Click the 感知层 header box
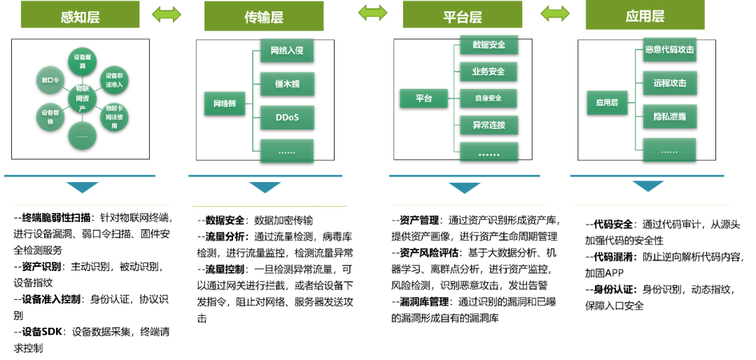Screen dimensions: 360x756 coord(80,15)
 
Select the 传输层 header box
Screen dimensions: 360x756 coord(264,16)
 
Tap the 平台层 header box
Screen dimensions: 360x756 coord(462,15)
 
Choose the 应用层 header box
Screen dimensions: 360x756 coord(645,15)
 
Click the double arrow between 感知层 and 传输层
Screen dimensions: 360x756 coord(167,15)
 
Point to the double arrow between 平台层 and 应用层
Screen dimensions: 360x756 coord(555,13)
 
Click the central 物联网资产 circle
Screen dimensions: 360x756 coord(82,99)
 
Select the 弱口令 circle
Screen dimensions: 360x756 coord(50,81)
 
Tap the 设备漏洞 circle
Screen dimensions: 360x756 coord(82,62)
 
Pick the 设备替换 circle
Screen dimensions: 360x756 coord(50,117)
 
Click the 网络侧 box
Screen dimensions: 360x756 coord(225,103)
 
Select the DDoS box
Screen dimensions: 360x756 coord(287,117)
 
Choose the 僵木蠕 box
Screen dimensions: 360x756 coord(287,84)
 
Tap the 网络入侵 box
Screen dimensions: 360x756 coord(286,50)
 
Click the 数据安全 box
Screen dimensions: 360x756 coord(489,45)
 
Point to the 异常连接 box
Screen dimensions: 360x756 coord(489,125)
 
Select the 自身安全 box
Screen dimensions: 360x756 coord(489,98)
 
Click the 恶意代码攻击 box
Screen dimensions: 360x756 coord(670,50)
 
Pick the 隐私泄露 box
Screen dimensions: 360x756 coord(670,116)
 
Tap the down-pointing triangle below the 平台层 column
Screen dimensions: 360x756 coord(465,188)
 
